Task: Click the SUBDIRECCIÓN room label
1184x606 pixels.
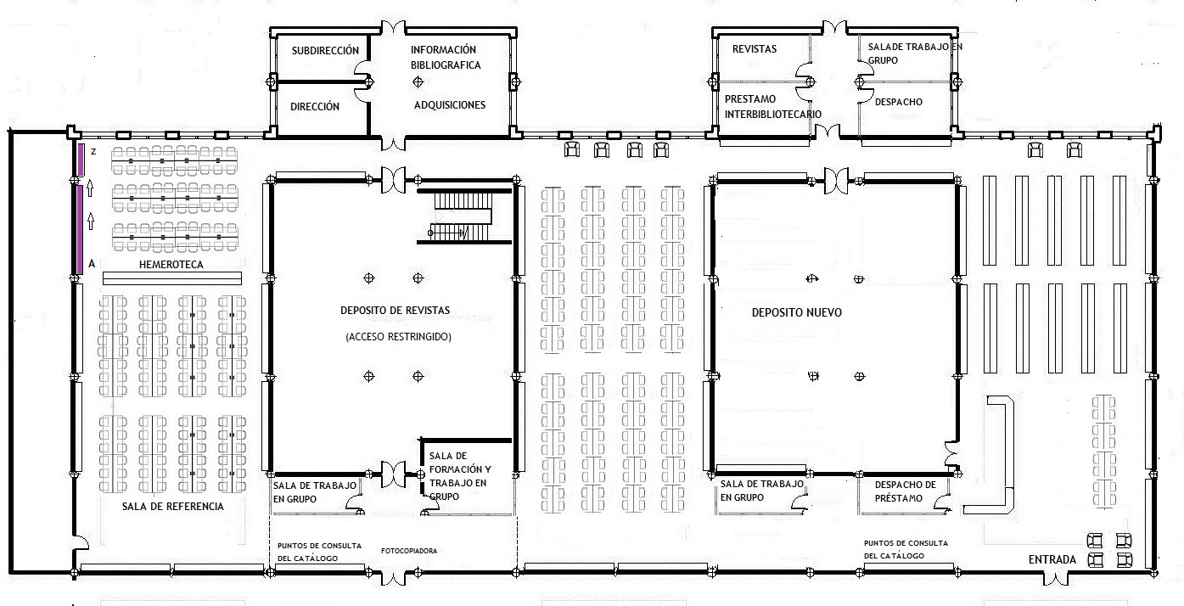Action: [325, 50]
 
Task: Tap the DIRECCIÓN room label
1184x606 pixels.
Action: [315, 107]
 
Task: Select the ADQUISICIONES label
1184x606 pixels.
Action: [450, 105]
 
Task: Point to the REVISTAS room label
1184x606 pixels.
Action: [755, 49]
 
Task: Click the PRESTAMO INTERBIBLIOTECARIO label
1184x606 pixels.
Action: [772, 106]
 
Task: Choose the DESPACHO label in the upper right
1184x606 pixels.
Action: [899, 102]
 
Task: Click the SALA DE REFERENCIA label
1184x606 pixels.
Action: [173, 507]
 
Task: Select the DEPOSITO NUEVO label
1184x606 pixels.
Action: [797, 312]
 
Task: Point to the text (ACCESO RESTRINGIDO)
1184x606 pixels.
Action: [399, 337]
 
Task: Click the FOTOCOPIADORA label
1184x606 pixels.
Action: [409, 551]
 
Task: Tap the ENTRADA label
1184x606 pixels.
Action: [1052, 559]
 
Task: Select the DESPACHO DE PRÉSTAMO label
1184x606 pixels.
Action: [905, 491]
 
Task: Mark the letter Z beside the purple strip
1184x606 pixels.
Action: [94, 151]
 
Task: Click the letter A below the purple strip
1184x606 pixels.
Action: [91, 264]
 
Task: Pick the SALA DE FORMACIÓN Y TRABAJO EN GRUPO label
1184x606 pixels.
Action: [460, 475]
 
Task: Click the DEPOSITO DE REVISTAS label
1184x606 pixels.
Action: [395, 310]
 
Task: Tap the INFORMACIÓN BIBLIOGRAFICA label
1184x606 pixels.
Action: [446, 58]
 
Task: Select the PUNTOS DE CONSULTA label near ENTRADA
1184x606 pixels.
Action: [906, 549]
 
